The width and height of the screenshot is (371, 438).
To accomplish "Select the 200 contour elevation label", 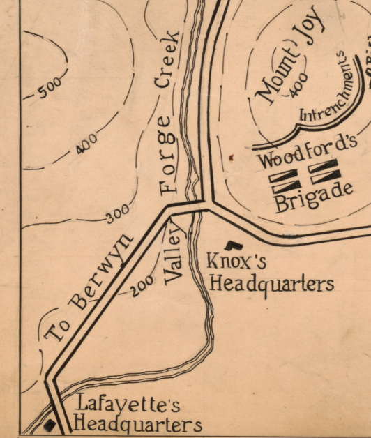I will pyautogui.click(x=142, y=284).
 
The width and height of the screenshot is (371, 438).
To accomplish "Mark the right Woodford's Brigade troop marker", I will pyautogui.click(x=324, y=172).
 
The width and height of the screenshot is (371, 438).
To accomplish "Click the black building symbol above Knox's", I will pyautogui.click(x=235, y=244).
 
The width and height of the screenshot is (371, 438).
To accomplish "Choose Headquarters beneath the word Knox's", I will pyautogui.click(x=271, y=284).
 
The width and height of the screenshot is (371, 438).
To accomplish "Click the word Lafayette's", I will pyautogui.click(x=128, y=404).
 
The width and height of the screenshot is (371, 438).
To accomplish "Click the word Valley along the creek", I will pyautogui.click(x=174, y=255).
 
